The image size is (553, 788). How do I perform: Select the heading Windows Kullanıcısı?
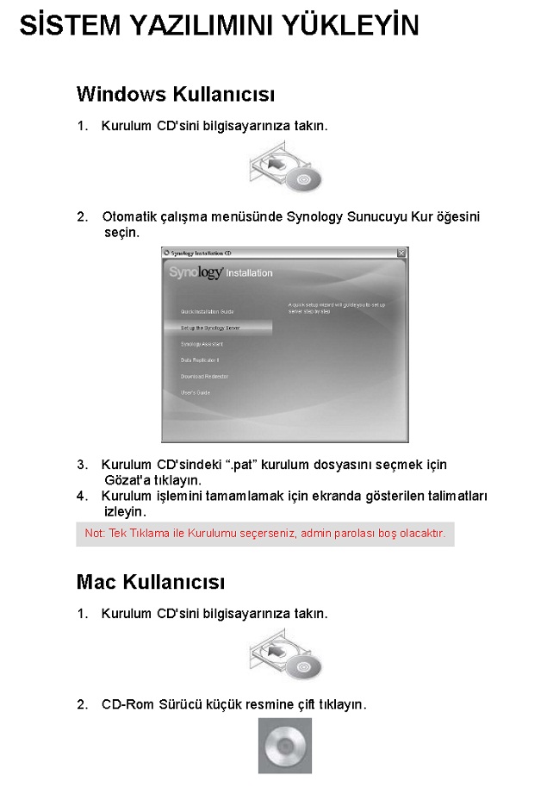(x=176, y=93)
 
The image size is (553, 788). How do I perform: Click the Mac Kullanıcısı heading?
(x=151, y=582)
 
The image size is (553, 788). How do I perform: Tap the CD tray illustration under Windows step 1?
(x=285, y=168)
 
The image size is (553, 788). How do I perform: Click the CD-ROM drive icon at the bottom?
(x=285, y=746)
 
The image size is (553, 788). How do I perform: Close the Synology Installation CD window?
(x=401, y=253)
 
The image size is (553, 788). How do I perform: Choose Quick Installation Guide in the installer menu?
(x=207, y=311)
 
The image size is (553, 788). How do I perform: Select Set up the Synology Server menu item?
(x=210, y=328)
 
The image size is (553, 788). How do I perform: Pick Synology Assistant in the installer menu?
(x=202, y=344)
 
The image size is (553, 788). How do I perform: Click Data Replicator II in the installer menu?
(x=200, y=360)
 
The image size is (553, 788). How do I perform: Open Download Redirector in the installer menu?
(x=204, y=377)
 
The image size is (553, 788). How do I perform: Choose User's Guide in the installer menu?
(x=195, y=393)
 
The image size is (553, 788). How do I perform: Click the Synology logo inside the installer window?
(x=197, y=272)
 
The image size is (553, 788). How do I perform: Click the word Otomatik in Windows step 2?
(x=131, y=217)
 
